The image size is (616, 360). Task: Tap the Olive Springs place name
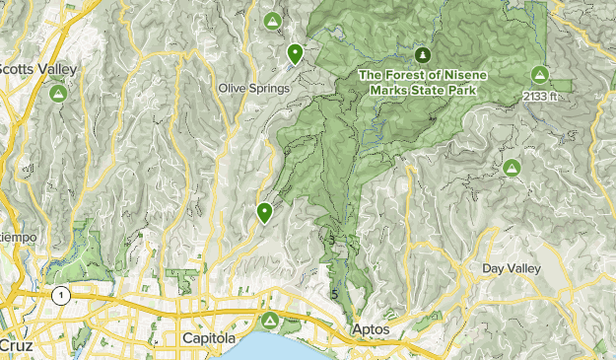(x=254, y=89)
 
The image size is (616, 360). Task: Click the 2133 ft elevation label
(x=539, y=97)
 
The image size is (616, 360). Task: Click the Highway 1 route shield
(x=62, y=295)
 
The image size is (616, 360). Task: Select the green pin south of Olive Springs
(x=264, y=211)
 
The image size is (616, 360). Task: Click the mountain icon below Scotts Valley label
(x=58, y=95)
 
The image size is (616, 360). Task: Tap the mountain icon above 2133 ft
(x=539, y=74)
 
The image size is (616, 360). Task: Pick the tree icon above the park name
(x=423, y=53)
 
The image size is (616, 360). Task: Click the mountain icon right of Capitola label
(x=268, y=321)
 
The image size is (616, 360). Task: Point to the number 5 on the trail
(x=336, y=294)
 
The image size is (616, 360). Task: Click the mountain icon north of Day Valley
(x=512, y=169)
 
